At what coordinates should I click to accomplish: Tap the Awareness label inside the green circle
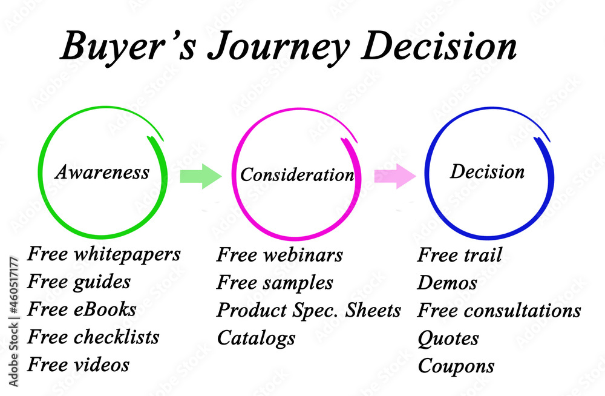coord(102,171)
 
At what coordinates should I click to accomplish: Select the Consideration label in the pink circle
coord(297,174)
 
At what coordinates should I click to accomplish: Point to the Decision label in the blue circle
coord(487,171)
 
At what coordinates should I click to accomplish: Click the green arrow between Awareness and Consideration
coord(201,176)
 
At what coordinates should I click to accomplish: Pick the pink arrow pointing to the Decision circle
coord(395,176)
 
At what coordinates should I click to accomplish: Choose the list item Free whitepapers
coord(104,254)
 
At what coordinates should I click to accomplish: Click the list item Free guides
coord(79,282)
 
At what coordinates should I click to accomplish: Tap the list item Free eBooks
coord(82,309)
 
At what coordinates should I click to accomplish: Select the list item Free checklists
coord(93,337)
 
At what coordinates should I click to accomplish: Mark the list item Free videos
coord(78,365)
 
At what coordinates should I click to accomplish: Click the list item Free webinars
coord(280,254)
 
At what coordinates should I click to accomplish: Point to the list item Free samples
coord(275,283)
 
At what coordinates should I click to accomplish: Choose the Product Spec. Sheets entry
coord(309,311)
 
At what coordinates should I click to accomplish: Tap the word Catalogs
coord(256,338)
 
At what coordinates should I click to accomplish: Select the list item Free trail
coord(460,254)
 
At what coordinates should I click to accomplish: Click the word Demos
coord(447,283)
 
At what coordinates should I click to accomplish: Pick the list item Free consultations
coord(499,310)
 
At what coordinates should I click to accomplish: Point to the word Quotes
coord(448,338)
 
